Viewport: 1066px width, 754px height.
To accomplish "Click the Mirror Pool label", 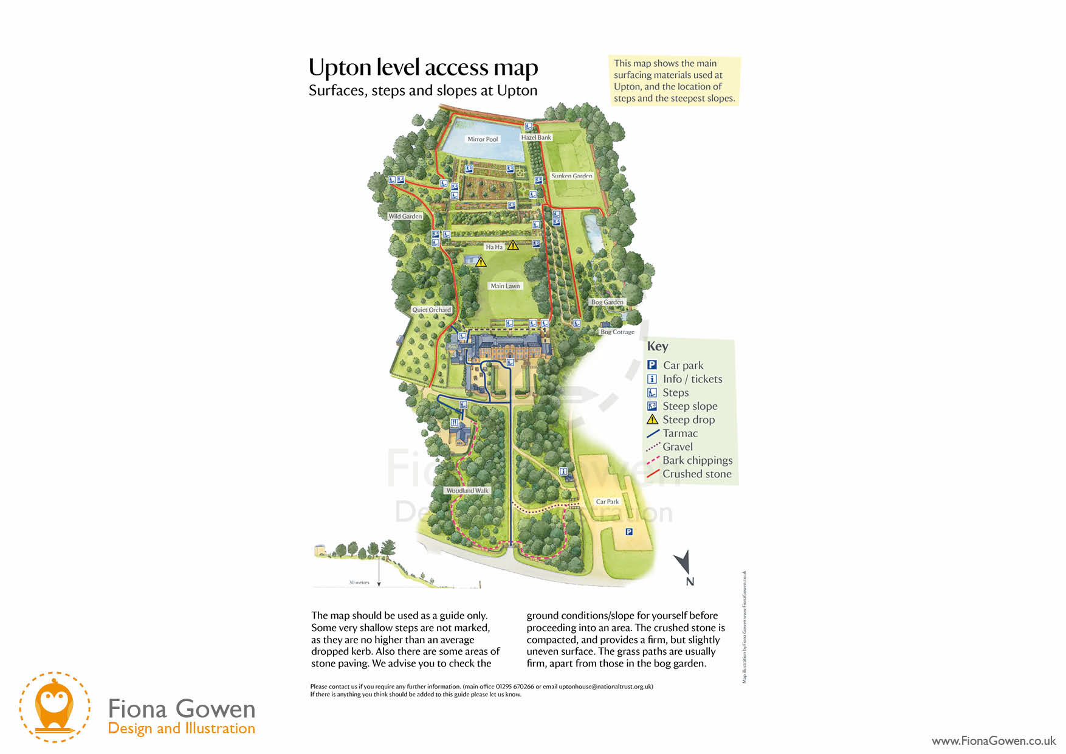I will pyautogui.click(x=483, y=139).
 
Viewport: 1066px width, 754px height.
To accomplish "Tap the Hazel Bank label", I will pyautogui.click(x=536, y=137).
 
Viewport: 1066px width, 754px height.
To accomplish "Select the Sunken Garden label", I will pyautogui.click(x=571, y=176).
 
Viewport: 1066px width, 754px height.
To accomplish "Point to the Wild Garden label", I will pyautogui.click(x=405, y=216).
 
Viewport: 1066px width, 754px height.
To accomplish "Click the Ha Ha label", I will pyautogui.click(x=494, y=247).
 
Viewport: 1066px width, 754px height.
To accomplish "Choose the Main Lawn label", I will pyautogui.click(x=505, y=286).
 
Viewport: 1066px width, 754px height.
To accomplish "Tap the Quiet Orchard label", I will pyautogui.click(x=432, y=310).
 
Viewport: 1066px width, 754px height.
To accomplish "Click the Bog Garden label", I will pyautogui.click(x=607, y=302).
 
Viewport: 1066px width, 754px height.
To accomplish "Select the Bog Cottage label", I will pyautogui.click(x=617, y=332).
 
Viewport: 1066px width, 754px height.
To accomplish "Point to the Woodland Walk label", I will pyautogui.click(x=467, y=491).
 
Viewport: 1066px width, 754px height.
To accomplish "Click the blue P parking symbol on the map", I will pyautogui.click(x=629, y=531).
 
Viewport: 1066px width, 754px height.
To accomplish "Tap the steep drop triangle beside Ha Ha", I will pyautogui.click(x=513, y=245).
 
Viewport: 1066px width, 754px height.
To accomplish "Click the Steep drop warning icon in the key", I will pyautogui.click(x=652, y=420).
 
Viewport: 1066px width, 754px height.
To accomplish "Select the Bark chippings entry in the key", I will pyautogui.click(x=697, y=460).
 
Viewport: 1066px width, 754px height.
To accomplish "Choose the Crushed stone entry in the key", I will pyautogui.click(x=696, y=474).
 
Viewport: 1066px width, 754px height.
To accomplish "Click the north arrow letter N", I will pyautogui.click(x=690, y=582).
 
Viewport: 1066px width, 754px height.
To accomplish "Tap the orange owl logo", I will pyautogui.click(x=54, y=706).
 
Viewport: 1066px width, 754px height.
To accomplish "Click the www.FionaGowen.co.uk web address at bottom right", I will pyautogui.click(x=994, y=741).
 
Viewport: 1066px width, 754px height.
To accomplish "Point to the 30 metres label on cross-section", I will pyautogui.click(x=359, y=583).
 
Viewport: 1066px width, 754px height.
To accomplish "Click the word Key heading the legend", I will pyautogui.click(x=658, y=347).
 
